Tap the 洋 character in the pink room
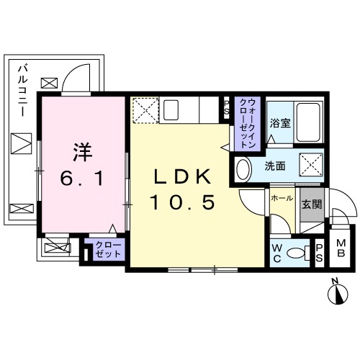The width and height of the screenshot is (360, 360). (x=81, y=152)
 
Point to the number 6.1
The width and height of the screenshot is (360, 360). (x=81, y=179)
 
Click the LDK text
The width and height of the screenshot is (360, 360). (x=182, y=176)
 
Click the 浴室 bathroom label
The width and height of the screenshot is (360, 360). (x=280, y=123)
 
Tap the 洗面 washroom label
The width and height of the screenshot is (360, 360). (x=275, y=167)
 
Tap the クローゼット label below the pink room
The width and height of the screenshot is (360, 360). (x=108, y=250)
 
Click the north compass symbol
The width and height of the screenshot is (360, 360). (x=337, y=293)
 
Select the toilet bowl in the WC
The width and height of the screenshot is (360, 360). (x=294, y=253)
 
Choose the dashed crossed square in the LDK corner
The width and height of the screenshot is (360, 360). (x=144, y=110)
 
